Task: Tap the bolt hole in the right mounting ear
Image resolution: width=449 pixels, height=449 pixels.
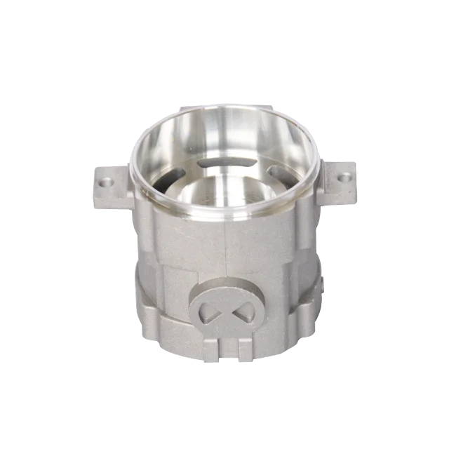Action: coord(343,177)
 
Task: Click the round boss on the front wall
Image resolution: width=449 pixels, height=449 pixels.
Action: coord(224,309)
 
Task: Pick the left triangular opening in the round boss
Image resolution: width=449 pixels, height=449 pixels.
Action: coord(208,309)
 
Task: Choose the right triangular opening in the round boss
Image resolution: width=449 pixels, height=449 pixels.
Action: coord(241,308)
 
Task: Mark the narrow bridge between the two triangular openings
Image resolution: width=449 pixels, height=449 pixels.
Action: coord(224,309)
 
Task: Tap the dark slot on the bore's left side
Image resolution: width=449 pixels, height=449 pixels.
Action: coord(163,184)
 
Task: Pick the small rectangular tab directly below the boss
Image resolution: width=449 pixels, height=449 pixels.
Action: coord(226,345)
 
